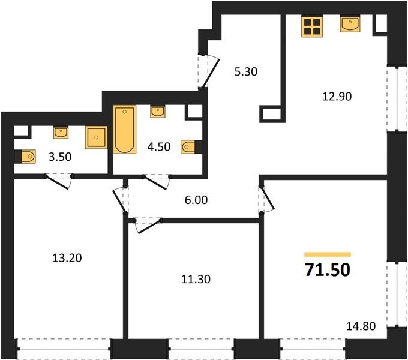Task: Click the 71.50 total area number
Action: (328, 270)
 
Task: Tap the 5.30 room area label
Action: (246, 72)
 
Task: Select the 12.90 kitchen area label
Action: (337, 97)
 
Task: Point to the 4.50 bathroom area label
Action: (159, 147)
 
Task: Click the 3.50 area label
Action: (60, 157)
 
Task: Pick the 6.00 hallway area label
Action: (196, 200)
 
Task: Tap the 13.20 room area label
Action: (67, 258)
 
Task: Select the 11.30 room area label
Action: (196, 280)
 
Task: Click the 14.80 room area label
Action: (361, 326)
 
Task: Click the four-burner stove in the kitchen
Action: (312, 26)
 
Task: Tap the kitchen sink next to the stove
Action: (350, 24)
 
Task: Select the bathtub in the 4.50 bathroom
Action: (125, 129)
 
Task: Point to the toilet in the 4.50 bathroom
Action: (189, 147)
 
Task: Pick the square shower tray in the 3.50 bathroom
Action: (96, 137)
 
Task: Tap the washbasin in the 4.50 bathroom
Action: (157, 112)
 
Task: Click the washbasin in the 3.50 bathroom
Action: (61, 133)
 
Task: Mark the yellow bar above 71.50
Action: (328, 254)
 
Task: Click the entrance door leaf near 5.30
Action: (211, 73)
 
